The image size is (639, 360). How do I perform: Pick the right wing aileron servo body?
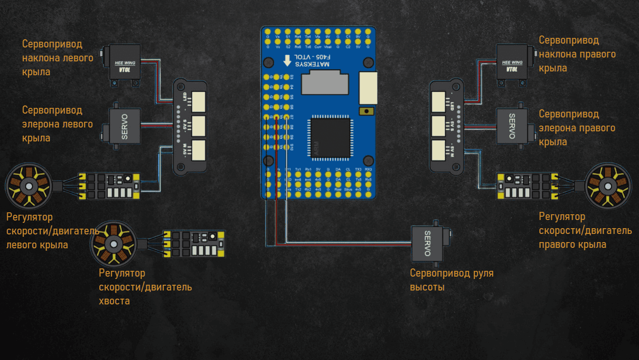point(511,126)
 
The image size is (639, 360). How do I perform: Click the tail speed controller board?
point(194,244)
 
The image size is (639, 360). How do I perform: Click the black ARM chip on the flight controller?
point(330,139)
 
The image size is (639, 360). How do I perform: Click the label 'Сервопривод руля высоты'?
point(451,280)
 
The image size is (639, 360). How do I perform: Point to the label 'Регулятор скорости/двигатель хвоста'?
point(145,287)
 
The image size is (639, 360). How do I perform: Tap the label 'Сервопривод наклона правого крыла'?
point(577,54)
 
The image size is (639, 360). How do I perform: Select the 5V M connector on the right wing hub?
point(439,151)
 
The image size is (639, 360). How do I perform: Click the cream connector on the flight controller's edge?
point(368,88)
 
